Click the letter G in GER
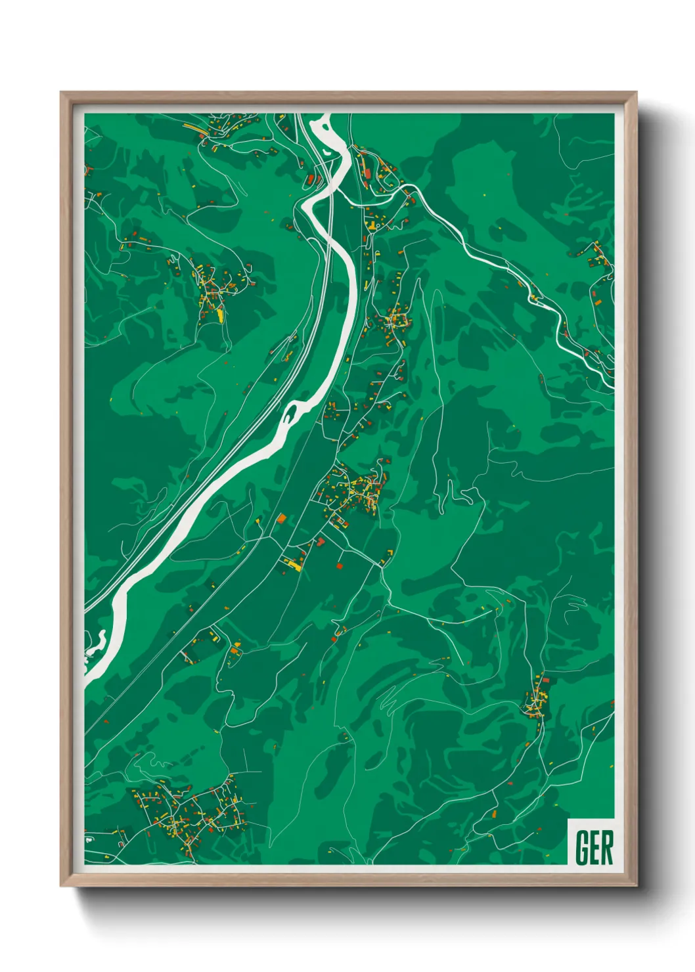[581, 847]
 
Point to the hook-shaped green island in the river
[292, 413]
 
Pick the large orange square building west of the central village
[282, 518]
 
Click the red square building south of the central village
[340, 565]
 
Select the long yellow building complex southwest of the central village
[294, 563]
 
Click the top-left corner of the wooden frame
[62, 93]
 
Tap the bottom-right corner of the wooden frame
[636, 885]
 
